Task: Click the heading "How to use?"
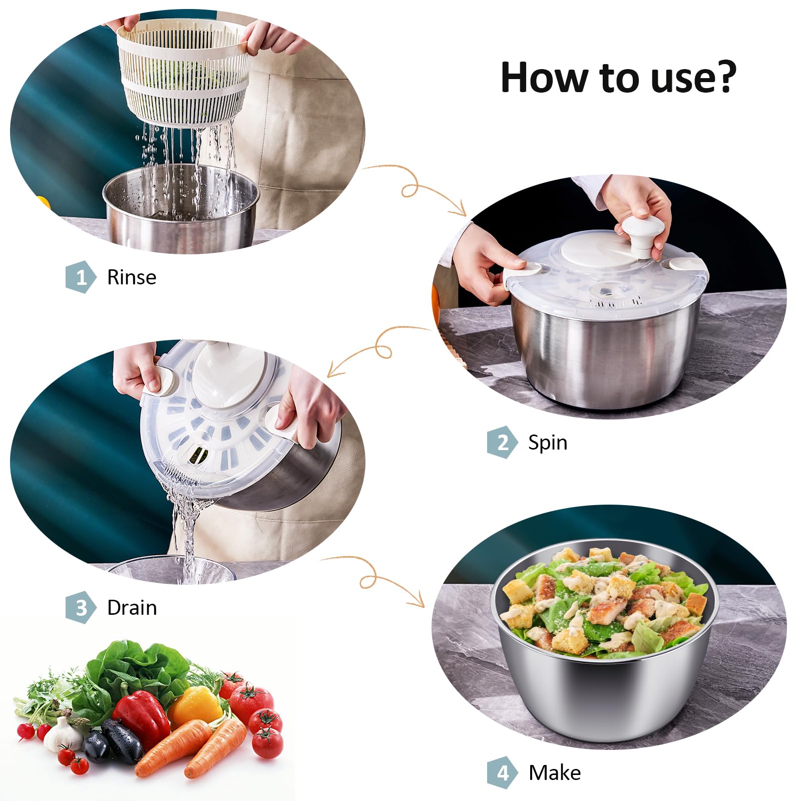click(x=618, y=78)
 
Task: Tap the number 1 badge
click(x=81, y=277)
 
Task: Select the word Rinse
click(x=132, y=277)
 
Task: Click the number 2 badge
click(x=502, y=442)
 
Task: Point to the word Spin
click(x=548, y=443)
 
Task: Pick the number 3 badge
click(x=81, y=607)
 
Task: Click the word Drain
click(x=132, y=608)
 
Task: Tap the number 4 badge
click(x=502, y=772)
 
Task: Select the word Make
click(x=555, y=773)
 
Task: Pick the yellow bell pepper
click(x=196, y=706)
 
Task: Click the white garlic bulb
click(x=62, y=735)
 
